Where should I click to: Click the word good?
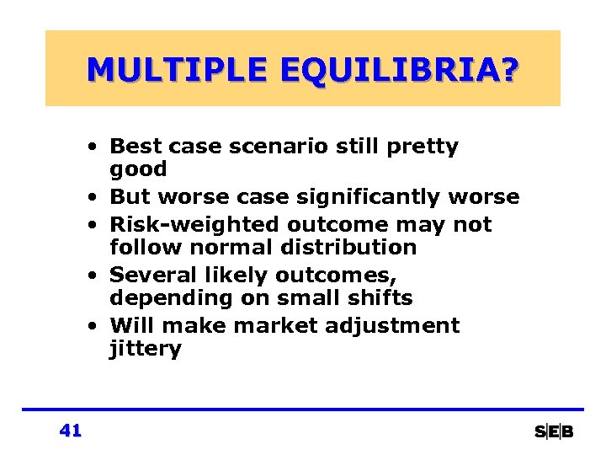pyautogui.click(x=138, y=170)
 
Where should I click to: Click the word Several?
pyautogui.click(x=146, y=276)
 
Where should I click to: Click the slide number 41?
pyautogui.click(x=71, y=431)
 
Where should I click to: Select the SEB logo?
pyautogui.click(x=554, y=431)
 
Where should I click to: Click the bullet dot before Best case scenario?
pyautogui.click(x=99, y=147)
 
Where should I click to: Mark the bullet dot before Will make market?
pyautogui.click(x=99, y=327)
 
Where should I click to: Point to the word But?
pyautogui.click(x=129, y=197)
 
